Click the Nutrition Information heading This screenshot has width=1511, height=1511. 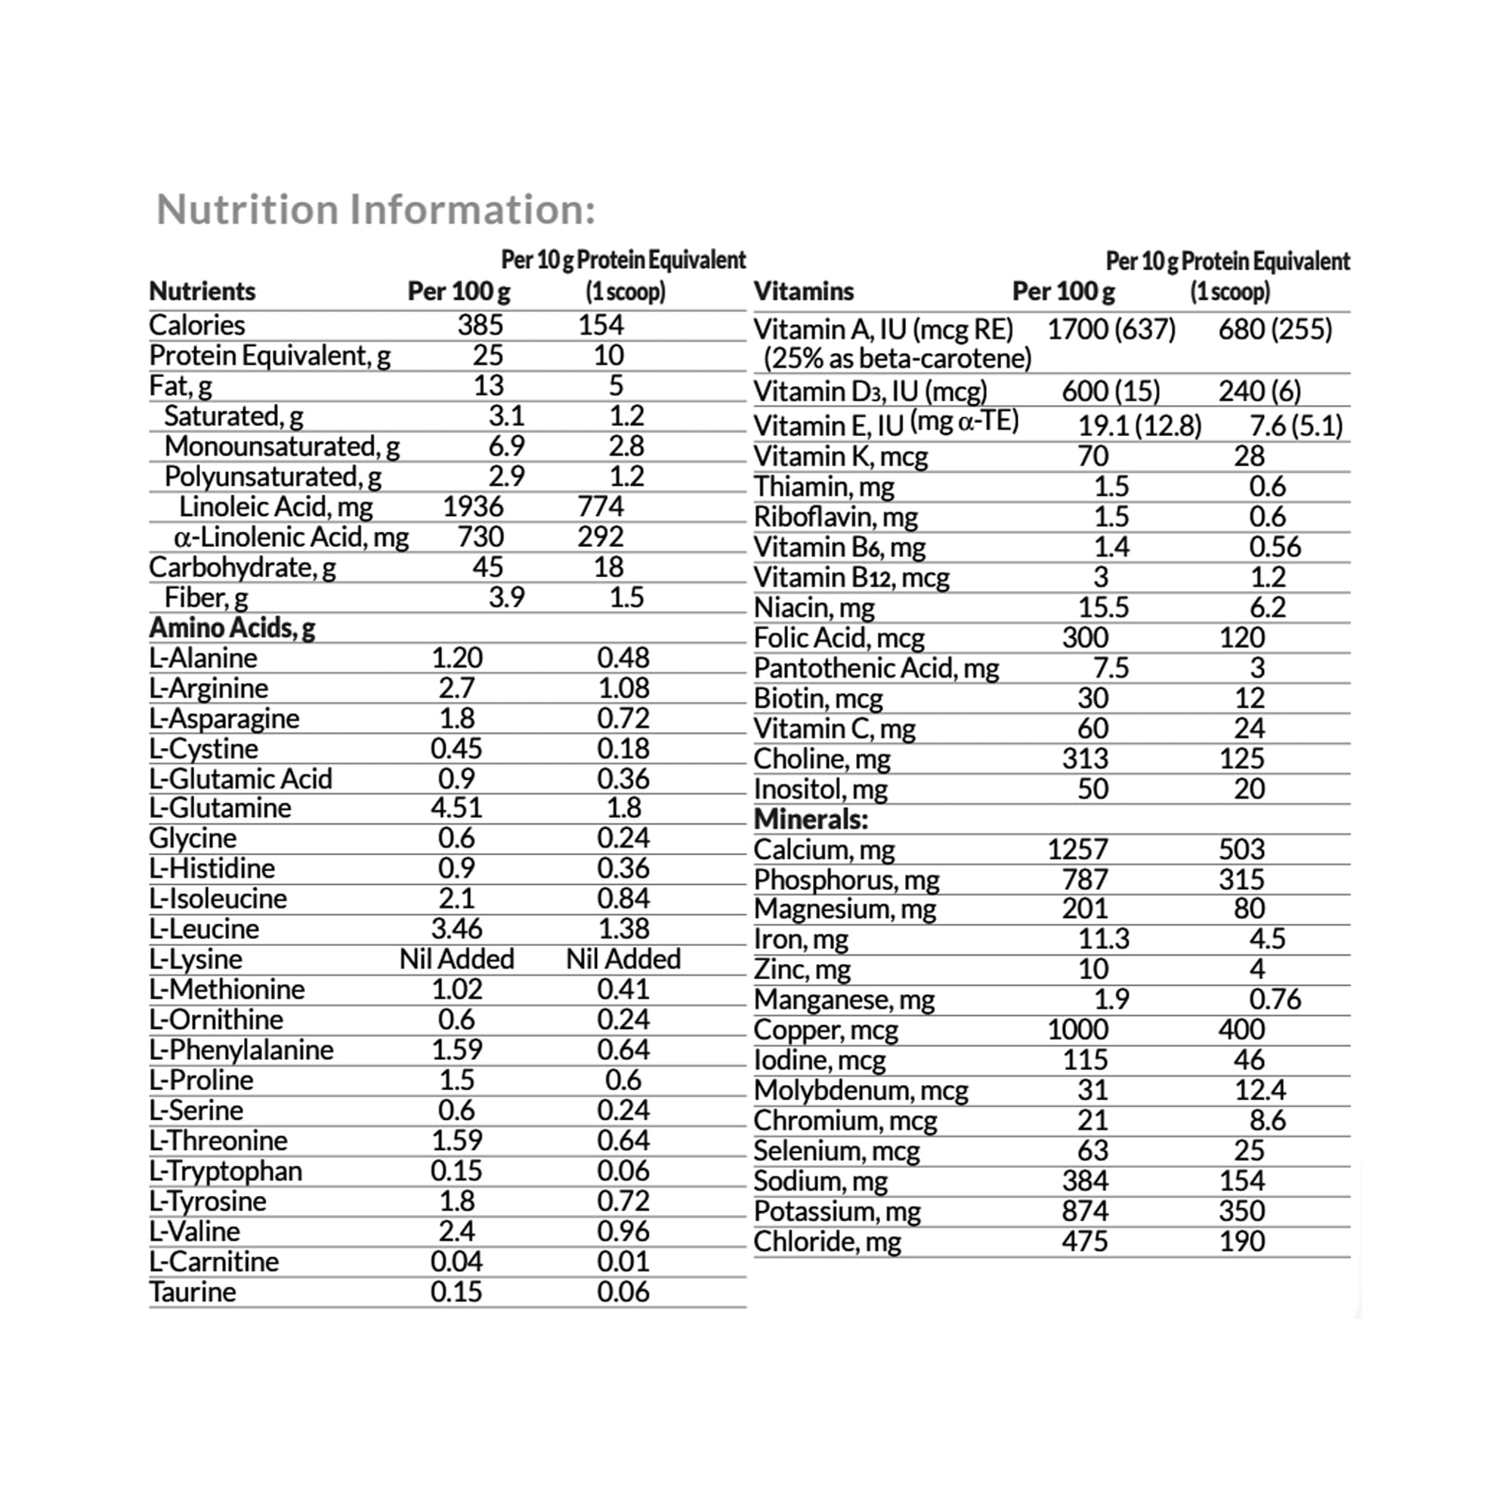pos(376,209)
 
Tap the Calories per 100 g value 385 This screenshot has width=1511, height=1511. pos(480,325)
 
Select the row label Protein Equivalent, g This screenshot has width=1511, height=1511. pos(270,356)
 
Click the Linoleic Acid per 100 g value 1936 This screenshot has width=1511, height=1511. pos(472,507)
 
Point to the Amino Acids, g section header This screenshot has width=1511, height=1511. pos(232,628)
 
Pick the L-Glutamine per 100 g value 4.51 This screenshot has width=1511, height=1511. pos(456,807)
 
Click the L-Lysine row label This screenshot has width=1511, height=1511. pos(196,959)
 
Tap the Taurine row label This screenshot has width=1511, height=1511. pos(193,1291)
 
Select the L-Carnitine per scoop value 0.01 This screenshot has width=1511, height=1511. pos(623,1262)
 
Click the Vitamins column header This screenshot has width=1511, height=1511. pos(803,292)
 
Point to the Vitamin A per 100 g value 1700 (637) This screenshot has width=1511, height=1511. pos(1111,329)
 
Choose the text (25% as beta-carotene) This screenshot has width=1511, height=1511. pos(897,359)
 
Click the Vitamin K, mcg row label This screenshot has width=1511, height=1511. pos(841,456)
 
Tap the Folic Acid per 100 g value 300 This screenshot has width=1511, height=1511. pos(1085,638)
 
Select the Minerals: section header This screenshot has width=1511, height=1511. pos(811,820)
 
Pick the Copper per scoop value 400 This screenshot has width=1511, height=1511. pos(1241,1030)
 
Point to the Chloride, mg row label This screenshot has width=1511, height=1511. pos(827,1241)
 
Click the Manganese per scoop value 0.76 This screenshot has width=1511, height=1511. pos(1274,1000)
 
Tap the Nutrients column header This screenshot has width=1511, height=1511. pos(202,292)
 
